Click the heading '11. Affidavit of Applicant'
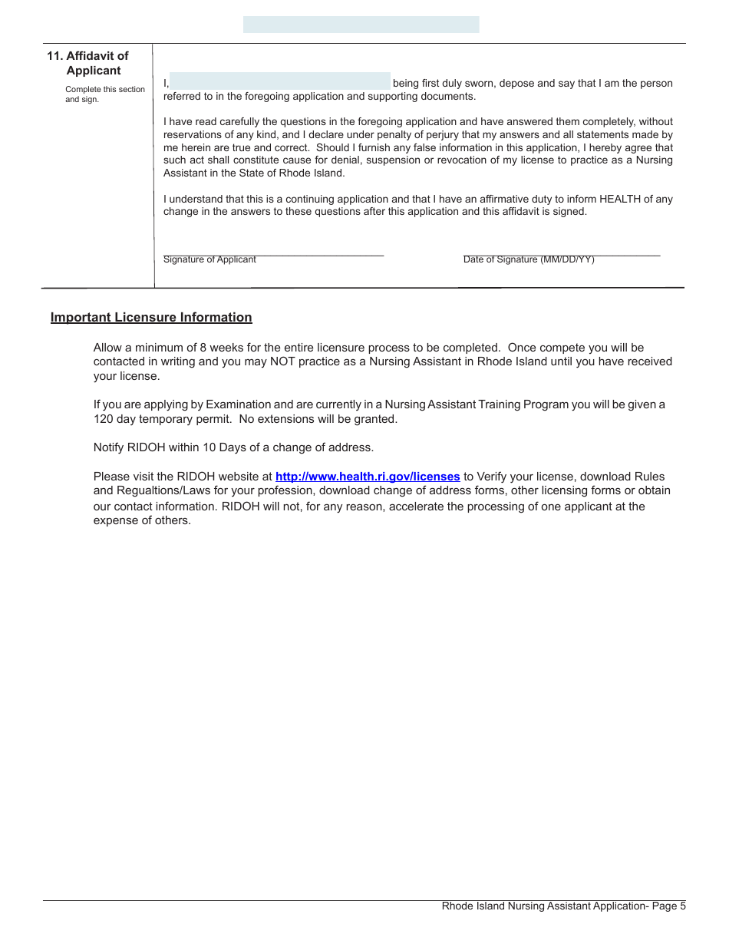coord(87,63)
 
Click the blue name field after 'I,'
coord(279,81)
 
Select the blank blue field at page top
coord(361,25)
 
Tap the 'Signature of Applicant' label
coord(209,259)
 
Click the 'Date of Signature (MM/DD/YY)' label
coord(529,259)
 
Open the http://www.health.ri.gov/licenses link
coord(368,477)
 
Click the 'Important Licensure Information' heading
coord(151,318)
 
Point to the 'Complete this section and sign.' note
coord(104,94)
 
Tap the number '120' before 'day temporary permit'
coord(103,419)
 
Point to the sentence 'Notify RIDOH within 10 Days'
coord(233,447)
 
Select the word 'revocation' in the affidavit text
coord(410,160)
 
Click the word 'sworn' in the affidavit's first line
coord(480,84)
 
